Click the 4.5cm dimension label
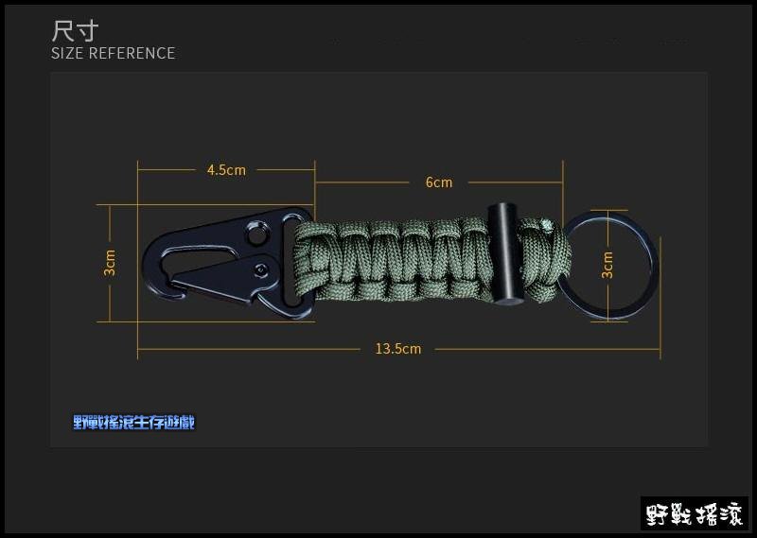[x=226, y=170]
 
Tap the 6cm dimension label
[x=439, y=182]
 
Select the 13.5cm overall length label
[x=398, y=348]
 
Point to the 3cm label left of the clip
[x=110, y=263]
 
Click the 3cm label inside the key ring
[x=607, y=265]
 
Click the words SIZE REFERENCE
[x=113, y=53]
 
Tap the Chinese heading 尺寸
[x=75, y=31]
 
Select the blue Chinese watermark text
[x=133, y=423]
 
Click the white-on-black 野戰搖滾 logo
[x=695, y=513]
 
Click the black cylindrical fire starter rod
[x=503, y=254]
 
